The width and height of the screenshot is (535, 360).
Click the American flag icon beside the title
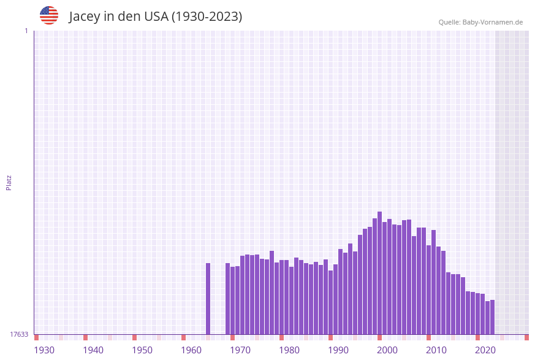pos(49,15)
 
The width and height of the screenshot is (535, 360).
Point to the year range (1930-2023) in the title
pos(207,17)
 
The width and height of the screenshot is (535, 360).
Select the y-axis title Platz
pos(9,182)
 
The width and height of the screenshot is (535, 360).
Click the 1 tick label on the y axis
pos(26,31)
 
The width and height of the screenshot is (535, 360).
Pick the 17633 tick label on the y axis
pos(19,334)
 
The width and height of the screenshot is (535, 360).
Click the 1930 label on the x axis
pos(44,350)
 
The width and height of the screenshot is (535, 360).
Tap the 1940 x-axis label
pos(93,350)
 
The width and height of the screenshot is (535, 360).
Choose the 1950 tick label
pos(142,350)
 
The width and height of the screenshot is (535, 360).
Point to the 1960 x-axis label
pos(191,350)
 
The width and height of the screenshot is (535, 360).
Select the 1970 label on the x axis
pos(240,350)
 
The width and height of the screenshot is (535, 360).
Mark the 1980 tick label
pos(289,350)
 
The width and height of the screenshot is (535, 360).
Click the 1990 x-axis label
pos(338,350)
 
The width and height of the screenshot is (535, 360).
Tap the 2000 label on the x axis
pos(387,350)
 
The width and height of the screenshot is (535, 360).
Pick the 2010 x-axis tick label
pos(436,350)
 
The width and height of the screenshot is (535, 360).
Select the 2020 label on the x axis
pos(485,350)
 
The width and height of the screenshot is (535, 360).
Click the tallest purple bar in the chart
pos(380,273)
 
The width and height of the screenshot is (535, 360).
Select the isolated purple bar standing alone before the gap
pos(208,299)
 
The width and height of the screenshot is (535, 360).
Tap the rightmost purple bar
pos(493,317)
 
